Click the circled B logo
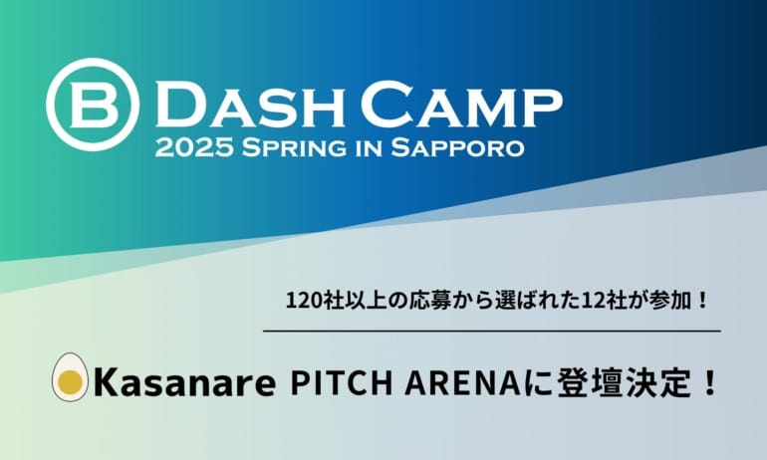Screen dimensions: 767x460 tap(93, 105)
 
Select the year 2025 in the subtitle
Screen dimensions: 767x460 tap(194, 147)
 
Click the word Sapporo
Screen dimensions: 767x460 tap(458, 147)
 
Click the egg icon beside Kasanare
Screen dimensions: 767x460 tap(71, 377)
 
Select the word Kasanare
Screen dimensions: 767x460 tap(184, 383)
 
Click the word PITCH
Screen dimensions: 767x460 tap(342, 383)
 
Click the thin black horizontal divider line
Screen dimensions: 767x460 tap(492, 331)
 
